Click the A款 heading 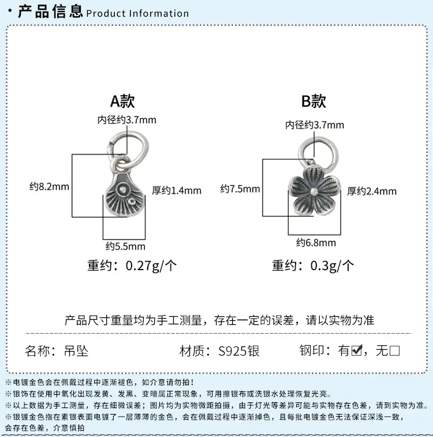(122, 101)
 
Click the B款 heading (313, 101)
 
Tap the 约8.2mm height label (49, 186)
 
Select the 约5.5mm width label (125, 246)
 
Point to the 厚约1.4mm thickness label (177, 191)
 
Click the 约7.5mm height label (240, 189)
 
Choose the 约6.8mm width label (316, 243)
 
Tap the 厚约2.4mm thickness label (372, 191)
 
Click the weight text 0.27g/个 (151, 266)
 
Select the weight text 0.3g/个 (332, 266)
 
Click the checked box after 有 (357, 350)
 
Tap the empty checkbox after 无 (394, 350)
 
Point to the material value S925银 (239, 351)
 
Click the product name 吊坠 (76, 351)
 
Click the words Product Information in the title (137, 13)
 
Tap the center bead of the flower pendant (314, 191)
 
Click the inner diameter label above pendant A (127, 120)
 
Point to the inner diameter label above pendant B (315, 125)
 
